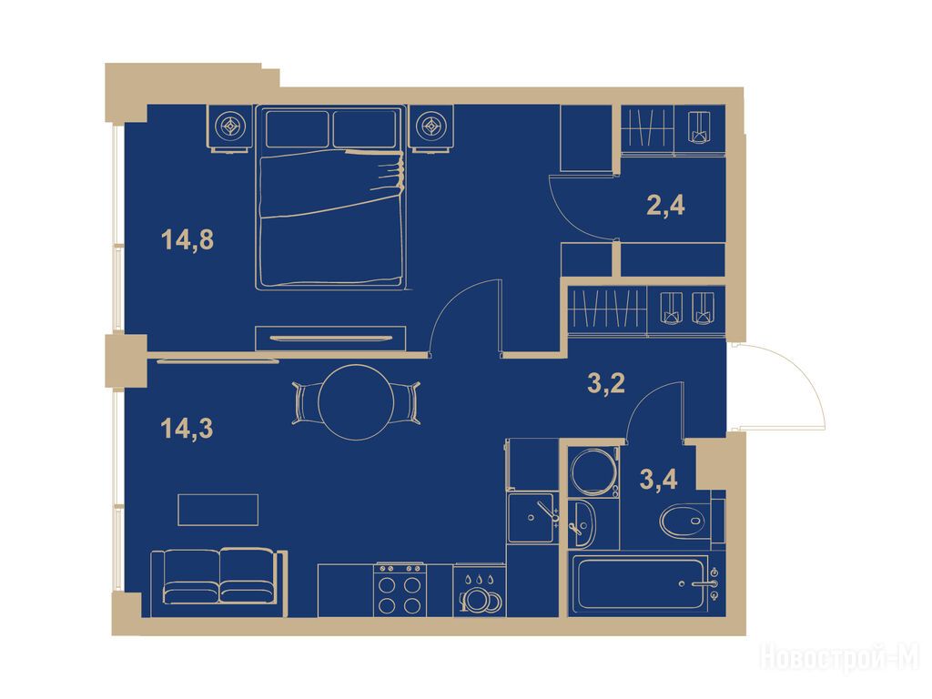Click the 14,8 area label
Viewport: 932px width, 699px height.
187,240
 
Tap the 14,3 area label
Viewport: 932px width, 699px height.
187,428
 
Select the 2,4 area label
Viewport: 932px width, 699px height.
665,206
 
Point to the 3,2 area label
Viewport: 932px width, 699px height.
606,384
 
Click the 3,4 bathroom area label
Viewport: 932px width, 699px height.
659,479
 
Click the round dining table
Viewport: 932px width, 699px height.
357,402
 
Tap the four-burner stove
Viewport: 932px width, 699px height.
400,590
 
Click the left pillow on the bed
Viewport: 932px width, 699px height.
298,128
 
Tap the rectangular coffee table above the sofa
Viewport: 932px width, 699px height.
218,510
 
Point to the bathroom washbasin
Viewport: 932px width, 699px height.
581,523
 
